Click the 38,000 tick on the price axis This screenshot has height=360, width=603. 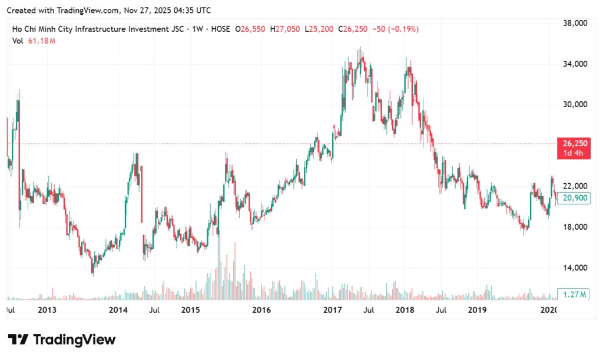[x=577, y=24]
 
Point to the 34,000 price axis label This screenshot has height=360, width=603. [x=577, y=64]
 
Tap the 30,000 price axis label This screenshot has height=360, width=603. [x=577, y=105]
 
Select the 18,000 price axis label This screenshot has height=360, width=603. [x=577, y=227]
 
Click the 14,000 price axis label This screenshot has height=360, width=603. [x=577, y=268]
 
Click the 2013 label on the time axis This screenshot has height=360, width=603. [x=47, y=309]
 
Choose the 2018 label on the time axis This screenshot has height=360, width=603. [x=405, y=309]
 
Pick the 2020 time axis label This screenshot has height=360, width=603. [x=548, y=309]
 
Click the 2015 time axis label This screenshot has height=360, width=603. [x=190, y=309]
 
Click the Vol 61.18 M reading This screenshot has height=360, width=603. [x=34, y=40]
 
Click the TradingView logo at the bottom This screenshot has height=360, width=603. [x=61, y=340]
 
